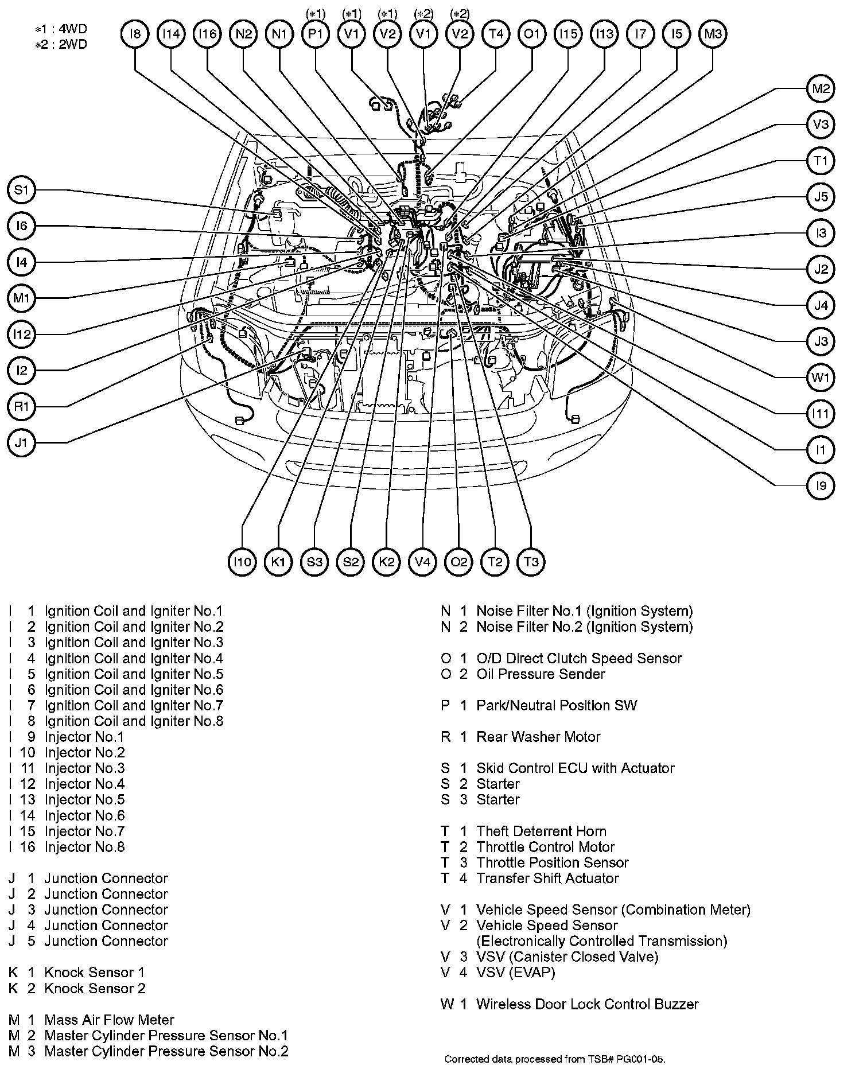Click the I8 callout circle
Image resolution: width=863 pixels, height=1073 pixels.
tap(135, 34)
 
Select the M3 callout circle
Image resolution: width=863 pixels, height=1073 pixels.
tap(713, 34)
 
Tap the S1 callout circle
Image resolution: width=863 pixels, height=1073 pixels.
tap(21, 190)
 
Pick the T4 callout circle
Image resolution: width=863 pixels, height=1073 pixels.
tap(496, 34)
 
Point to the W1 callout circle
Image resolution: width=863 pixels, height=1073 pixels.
tap(821, 378)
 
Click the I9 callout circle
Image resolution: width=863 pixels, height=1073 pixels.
tap(821, 486)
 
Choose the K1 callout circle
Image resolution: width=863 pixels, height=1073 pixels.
tap(278, 562)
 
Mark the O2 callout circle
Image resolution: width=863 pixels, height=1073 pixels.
tap(459, 562)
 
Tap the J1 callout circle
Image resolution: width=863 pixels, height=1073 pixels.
tap(21, 443)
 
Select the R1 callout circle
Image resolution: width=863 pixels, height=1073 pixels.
tap(21, 407)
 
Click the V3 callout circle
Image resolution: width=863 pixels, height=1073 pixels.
tap(821, 125)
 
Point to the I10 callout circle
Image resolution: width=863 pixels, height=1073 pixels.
tap(242, 562)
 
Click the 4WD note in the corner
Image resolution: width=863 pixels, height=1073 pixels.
tap(61, 29)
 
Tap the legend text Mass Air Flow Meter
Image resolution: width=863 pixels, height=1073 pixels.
tap(109, 1020)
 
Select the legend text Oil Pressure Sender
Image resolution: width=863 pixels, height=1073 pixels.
tap(541, 674)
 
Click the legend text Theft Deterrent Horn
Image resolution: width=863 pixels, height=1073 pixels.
tap(541, 831)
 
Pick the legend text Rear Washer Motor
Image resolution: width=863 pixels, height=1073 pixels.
tap(538, 737)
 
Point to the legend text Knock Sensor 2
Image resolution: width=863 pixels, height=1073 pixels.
tap(95, 988)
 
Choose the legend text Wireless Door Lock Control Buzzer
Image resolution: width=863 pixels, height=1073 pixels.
tap(587, 1004)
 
